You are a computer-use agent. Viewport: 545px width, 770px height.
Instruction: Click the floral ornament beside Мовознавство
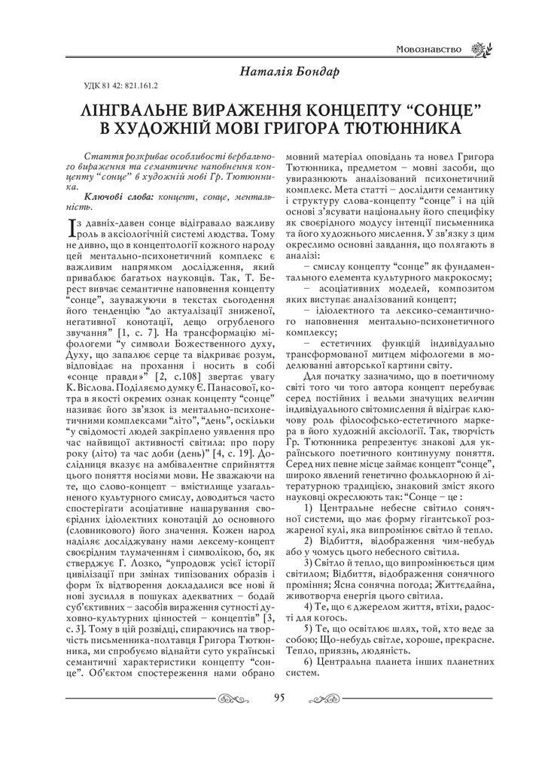click(478, 50)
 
